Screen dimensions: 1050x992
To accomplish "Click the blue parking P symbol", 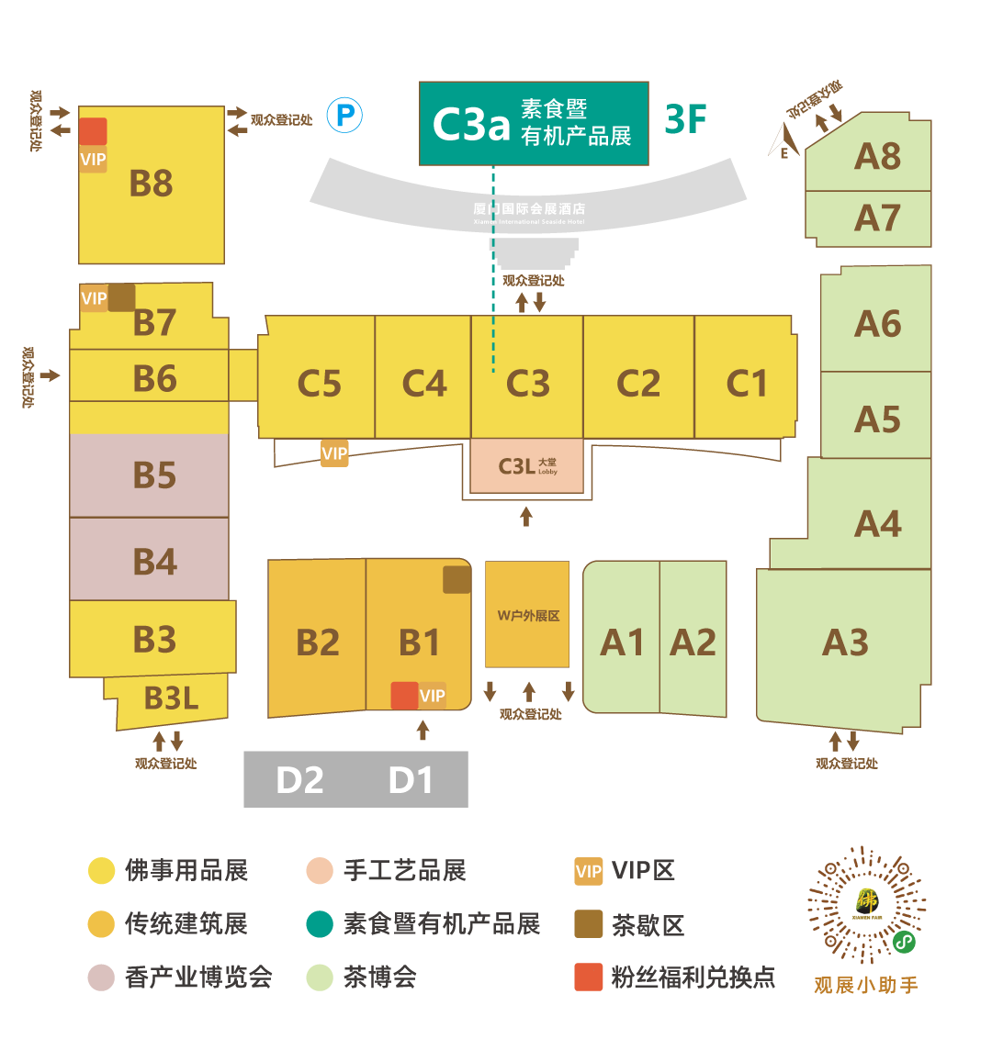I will pyautogui.click(x=346, y=115).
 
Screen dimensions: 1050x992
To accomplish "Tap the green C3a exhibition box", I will pyautogui.click(x=534, y=124).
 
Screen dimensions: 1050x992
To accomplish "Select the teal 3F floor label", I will pyautogui.click(x=686, y=119).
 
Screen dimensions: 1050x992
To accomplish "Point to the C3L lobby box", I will pyautogui.click(x=526, y=466).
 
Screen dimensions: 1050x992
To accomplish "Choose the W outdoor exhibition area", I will pyautogui.click(x=527, y=615).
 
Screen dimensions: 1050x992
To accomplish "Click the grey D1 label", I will pyautogui.click(x=411, y=780).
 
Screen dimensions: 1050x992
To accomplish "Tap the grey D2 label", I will pyautogui.click(x=299, y=780).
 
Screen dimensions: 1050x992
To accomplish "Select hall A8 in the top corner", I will pyautogui.click(x=877, y=157).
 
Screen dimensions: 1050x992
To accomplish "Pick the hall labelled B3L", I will pyautogui.click(x=171, y=698).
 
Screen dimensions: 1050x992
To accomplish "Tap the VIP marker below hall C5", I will pyautogui.click(x=334, y=453).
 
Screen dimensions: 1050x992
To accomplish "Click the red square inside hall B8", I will pyautogui.click(x=93, y=131).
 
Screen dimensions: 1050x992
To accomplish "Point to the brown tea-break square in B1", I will pyautogui.click(x=457, y=580).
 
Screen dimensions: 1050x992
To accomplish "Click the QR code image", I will pyautogui.click(x=866, y=904).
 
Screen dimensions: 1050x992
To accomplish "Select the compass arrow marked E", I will pyautogui.click(x=783, y=142).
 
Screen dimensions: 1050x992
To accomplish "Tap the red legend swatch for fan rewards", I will pyautogui.click(x=589, y=977).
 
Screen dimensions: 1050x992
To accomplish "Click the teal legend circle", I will pyautogui.click(x=320, y=923).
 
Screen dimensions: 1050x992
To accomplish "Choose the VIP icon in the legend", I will pyautogui.click(x=589, y=871).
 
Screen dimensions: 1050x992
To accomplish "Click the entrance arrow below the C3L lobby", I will pyautogui.click(x=526, y=516).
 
